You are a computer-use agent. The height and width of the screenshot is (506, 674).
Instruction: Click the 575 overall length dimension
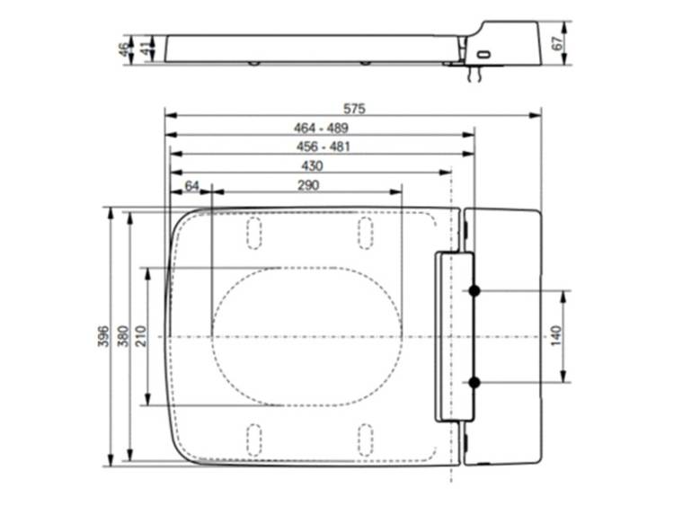[354, 109]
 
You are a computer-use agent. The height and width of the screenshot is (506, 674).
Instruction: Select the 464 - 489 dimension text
[321, 129]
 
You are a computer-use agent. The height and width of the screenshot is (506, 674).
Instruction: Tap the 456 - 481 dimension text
[324, 147]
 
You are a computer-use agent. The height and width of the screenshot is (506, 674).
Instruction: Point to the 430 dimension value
[312, 166]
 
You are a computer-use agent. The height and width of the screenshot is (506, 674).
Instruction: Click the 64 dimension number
[191, 186]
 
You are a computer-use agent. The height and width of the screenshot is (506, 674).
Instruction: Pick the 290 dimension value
[308, 185]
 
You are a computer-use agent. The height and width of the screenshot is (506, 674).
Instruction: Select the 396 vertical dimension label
[103, 337]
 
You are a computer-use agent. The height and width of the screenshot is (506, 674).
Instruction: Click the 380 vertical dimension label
[123, 337]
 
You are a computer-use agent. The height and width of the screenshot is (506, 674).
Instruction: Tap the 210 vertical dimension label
[141, 336]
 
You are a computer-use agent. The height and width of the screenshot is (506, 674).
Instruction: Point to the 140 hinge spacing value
[555, 336]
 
